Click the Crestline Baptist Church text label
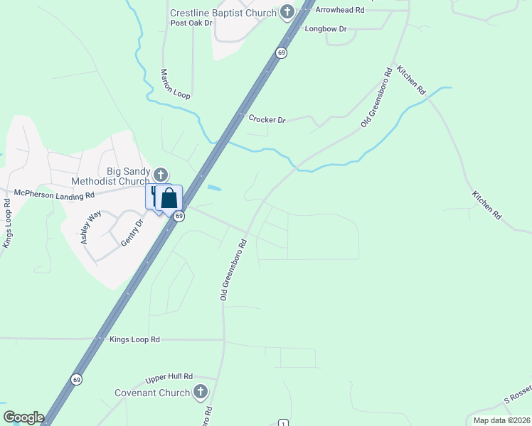(223, 13)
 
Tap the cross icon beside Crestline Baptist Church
(287, 11)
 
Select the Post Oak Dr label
(191, 23)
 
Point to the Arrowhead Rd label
(340, 10)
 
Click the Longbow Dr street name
(325, 29)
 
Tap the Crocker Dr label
(267, 119)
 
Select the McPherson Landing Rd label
(55, 194)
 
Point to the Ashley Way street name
(90, 228)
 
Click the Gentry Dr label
(132, 232)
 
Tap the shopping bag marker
(169, 198)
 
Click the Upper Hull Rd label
(169, 376)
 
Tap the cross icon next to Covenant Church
(201, 392)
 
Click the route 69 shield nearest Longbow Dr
(282, 53)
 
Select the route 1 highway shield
(283, 422)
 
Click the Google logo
(23, 417)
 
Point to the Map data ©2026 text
(501, 420)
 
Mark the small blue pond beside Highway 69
(214, 188)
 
